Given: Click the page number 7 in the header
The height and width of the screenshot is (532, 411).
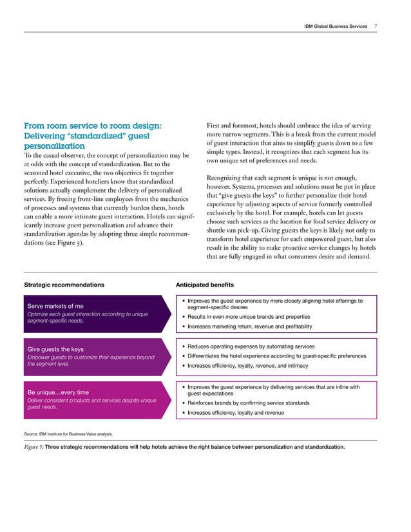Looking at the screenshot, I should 376,26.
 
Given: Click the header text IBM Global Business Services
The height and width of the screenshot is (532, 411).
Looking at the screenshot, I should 335,26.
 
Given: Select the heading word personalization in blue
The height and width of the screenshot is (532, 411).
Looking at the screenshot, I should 54,146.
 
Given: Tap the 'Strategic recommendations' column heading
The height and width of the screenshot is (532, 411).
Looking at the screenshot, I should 63,285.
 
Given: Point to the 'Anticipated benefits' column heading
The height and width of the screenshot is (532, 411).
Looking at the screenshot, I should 205,285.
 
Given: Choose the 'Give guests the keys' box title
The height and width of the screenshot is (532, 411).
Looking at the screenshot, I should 55,350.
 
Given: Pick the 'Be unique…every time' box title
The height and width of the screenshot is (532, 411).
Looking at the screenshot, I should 58,392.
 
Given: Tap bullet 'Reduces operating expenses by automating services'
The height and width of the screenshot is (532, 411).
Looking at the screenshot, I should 252,347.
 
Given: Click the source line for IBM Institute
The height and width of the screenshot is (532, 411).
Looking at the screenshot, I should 69,434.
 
